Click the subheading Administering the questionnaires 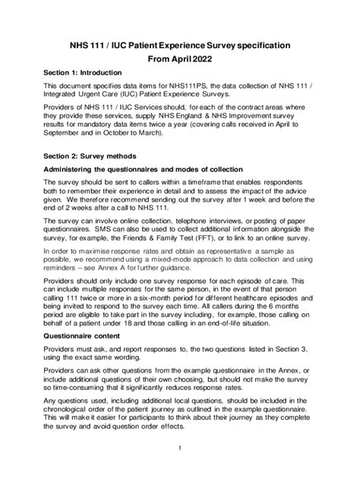(x=143, y=168)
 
